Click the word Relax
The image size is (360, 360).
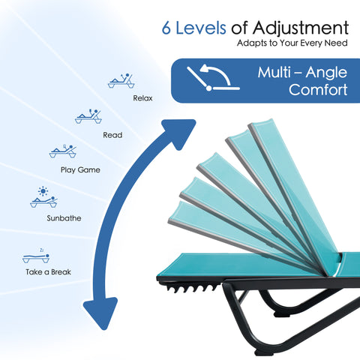pos(142,98)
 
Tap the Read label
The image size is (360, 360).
pos(112,135)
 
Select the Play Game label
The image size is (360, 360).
pos(80,170)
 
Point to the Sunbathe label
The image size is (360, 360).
pos(64,218)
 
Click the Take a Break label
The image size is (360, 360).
pos(48,271)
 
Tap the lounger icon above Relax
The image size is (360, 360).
pos(121,81)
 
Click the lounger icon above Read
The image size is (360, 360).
pos(88,116)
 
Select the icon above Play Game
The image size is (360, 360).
pos(62,151)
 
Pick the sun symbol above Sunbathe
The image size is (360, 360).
pos(43,191)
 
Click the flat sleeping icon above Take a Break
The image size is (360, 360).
pos(36,256)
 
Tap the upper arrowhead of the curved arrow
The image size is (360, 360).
pos(179,132)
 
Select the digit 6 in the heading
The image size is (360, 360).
pos(166,28)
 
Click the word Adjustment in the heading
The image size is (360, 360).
pos(301,28)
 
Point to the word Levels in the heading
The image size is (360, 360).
pos(201,28)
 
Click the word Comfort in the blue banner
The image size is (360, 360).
pos(318,89)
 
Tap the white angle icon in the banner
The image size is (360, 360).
pos(213,77)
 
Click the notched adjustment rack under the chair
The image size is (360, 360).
pos(189,287)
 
